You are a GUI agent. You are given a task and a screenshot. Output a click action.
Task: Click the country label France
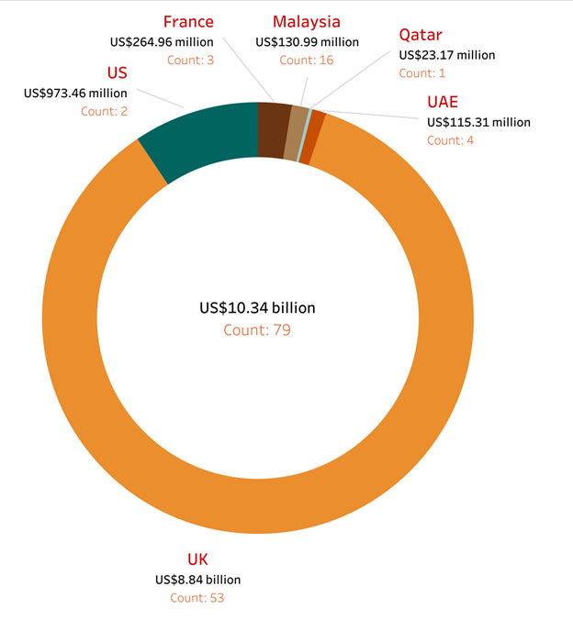click(188, 21)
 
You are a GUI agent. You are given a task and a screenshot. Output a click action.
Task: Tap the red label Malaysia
click(307, 22)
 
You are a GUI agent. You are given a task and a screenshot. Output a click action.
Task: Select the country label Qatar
click(420, 36)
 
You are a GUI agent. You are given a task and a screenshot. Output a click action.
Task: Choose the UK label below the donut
click(197, 559)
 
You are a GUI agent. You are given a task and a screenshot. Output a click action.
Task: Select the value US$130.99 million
click(307, 41)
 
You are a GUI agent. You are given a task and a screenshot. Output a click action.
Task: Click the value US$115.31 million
click(478, 121)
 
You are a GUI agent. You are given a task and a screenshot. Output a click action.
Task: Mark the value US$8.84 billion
click(197, 579)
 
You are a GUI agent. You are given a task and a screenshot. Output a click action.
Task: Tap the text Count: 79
click(257, 329)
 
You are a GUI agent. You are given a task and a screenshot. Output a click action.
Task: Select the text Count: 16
click(307, 60)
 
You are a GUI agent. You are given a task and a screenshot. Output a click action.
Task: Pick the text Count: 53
click(197, 597)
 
